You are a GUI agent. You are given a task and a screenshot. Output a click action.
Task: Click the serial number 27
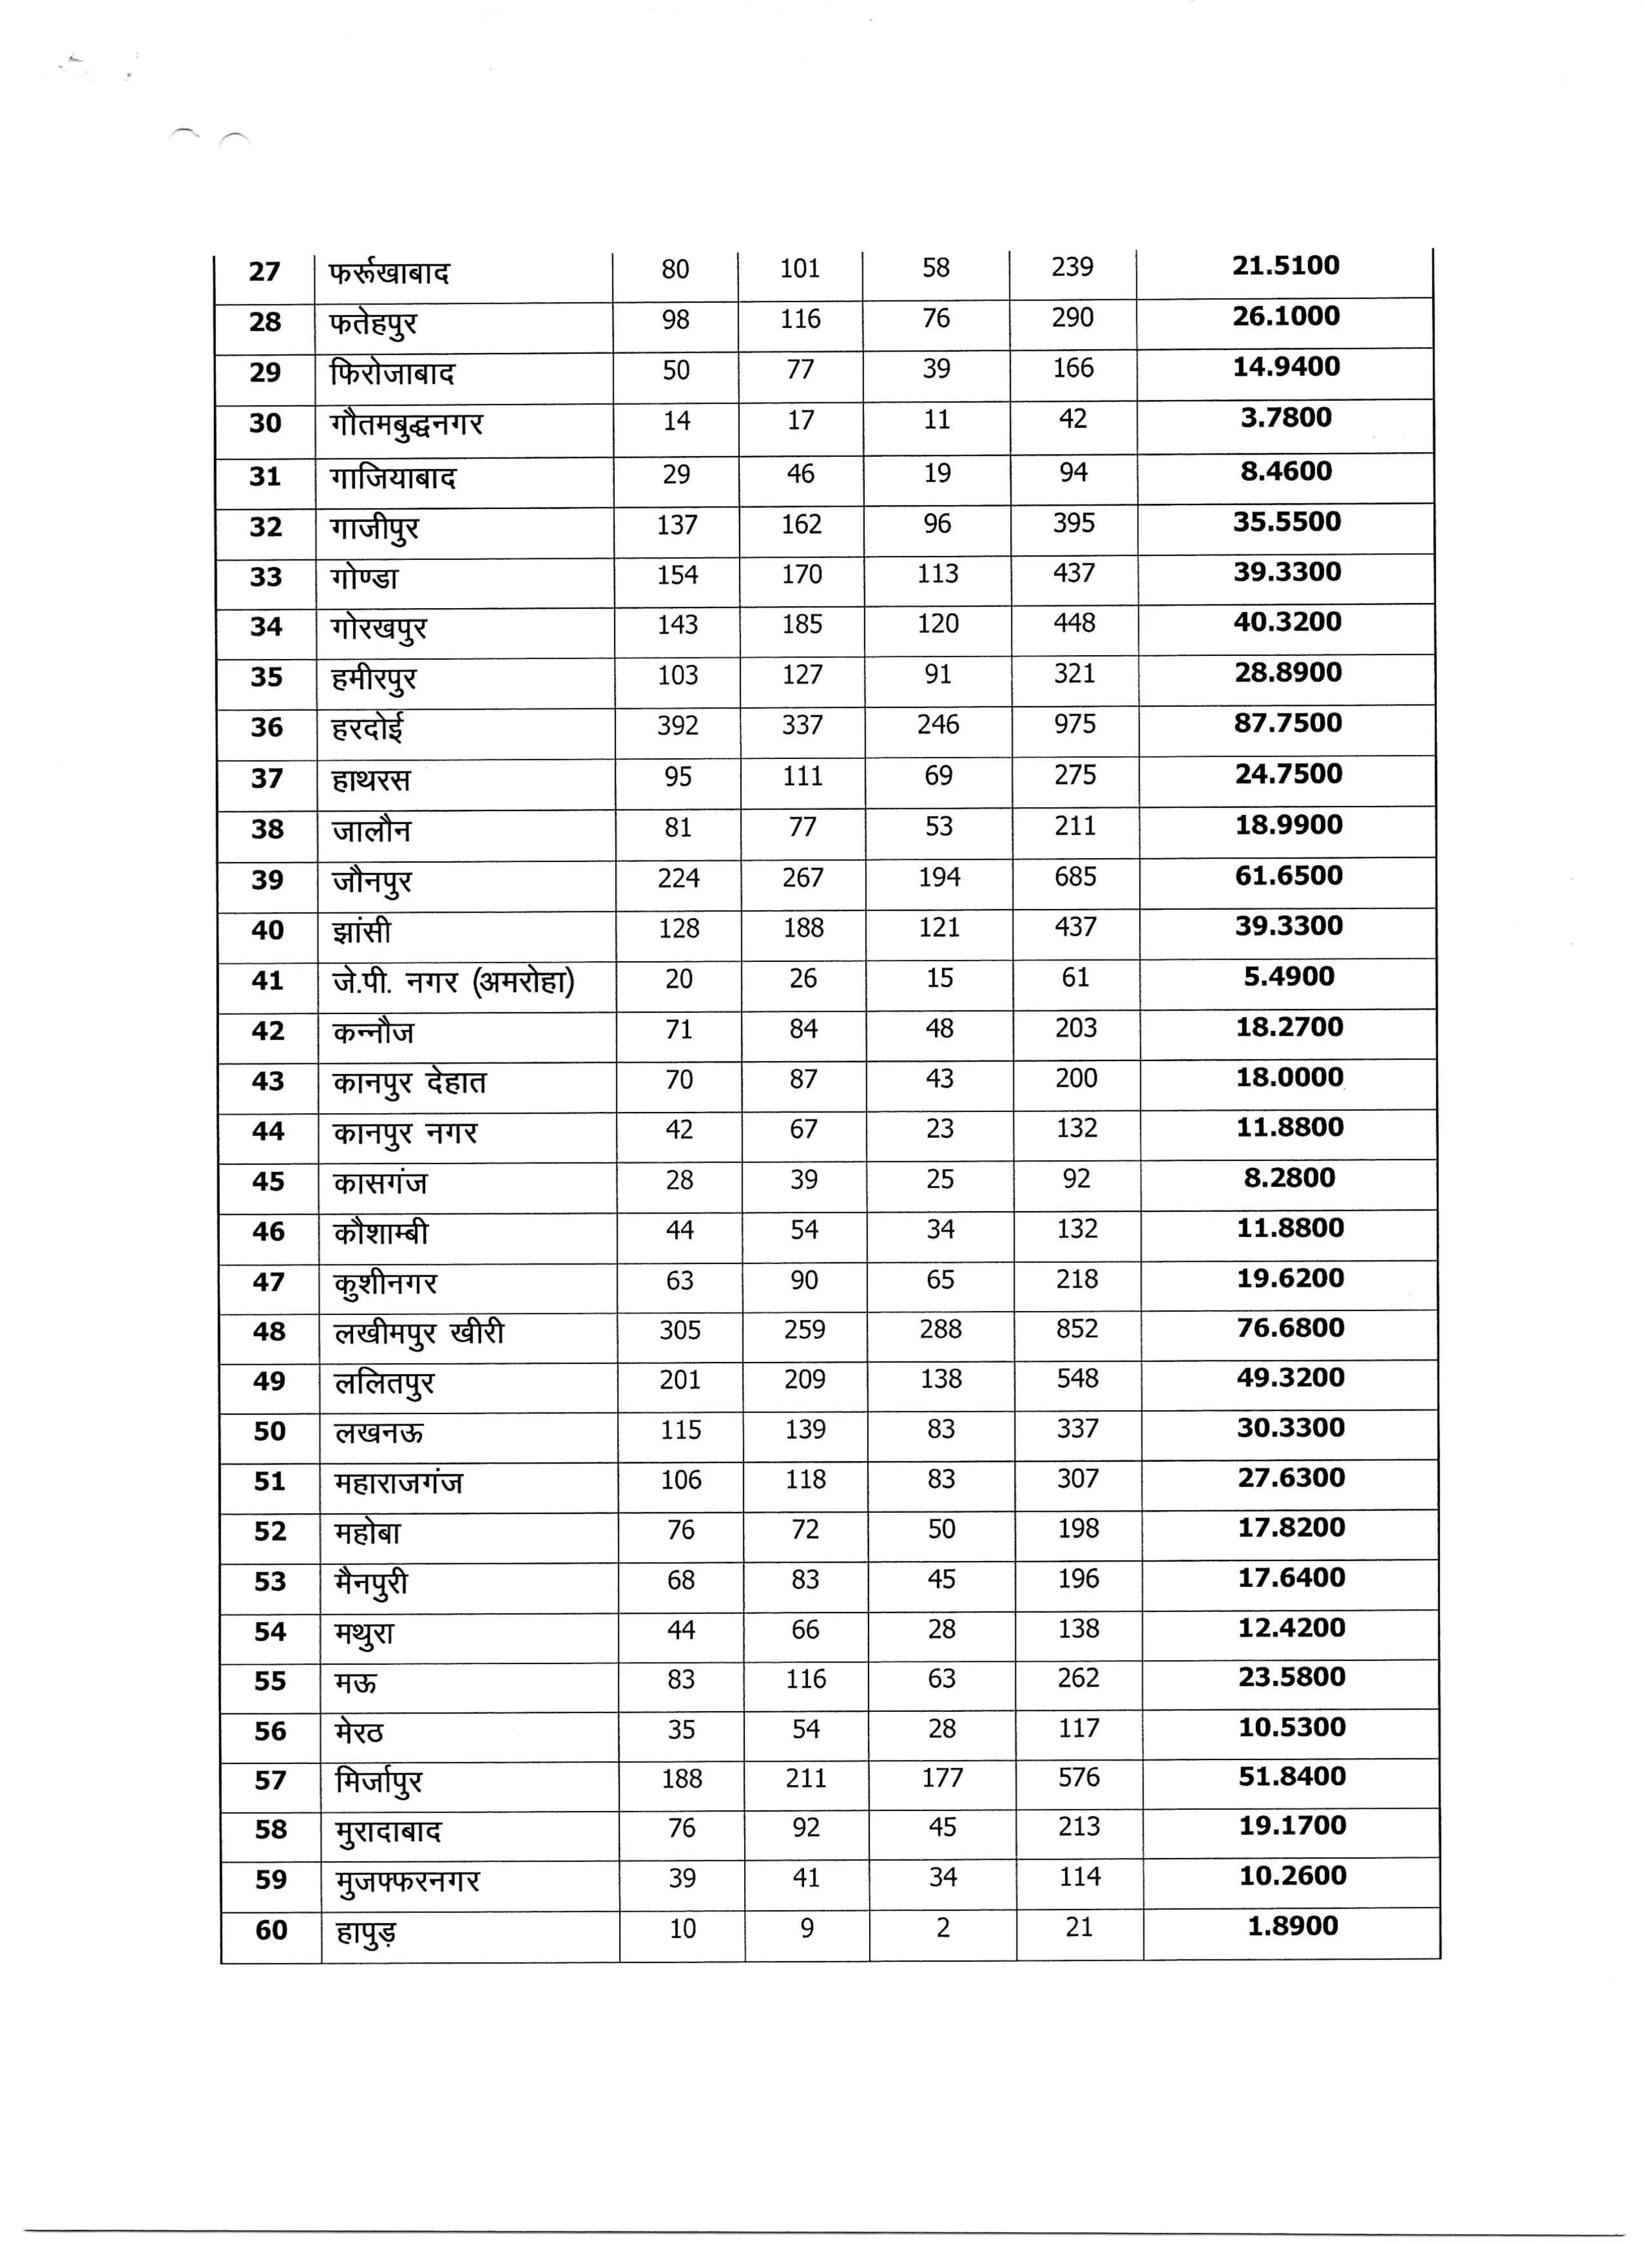tap(264, 271)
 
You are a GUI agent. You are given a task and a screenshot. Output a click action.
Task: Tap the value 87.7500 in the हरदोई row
tap(1288, 723)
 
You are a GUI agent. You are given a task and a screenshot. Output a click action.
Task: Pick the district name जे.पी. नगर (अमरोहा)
tap(453, 982)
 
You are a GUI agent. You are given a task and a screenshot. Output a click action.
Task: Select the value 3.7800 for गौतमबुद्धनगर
tap(1286, 418)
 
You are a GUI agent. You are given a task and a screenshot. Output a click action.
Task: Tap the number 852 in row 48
tap(1077, 1329)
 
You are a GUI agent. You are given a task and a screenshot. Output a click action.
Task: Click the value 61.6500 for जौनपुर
tap(1289, 876)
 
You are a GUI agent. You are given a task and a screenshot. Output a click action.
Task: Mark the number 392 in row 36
tap(677, 726)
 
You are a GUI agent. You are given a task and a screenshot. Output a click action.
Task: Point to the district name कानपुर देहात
tap(410, 1082)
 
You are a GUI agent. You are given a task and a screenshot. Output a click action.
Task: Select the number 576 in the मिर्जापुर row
tap(1079, 1777)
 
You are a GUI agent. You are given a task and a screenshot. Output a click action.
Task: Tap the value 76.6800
tap(1291, 1328)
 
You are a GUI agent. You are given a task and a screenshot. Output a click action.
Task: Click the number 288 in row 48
tap(941, 1330)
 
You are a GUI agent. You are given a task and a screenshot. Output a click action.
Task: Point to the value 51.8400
tap(1292, 1776)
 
